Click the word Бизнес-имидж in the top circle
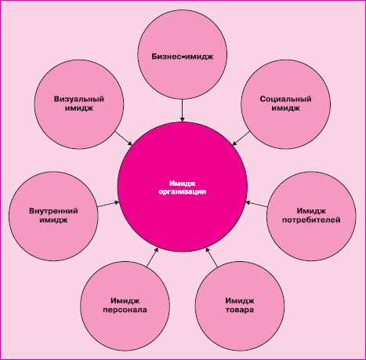click(183, 56)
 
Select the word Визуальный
click(79, 99)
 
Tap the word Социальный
click(285, 99)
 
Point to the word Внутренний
click(53, 211)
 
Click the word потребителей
click(311, 220)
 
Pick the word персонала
click(125, 310)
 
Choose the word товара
click(240, 310)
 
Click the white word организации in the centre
click(183, 192)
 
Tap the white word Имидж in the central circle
click(183, 184)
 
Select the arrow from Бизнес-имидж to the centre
click(183, 111)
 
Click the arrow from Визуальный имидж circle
click(124, 138)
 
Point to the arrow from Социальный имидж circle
click(241, 138)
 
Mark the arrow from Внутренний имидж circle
click(108, 204)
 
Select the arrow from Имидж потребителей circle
click(256, 204)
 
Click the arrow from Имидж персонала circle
click(153, 257)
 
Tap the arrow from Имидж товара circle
click(212, 257)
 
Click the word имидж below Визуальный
click(79, 108)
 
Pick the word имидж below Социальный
click(285, 108)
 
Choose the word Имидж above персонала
click(125, 301)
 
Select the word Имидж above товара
click(240, 301)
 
